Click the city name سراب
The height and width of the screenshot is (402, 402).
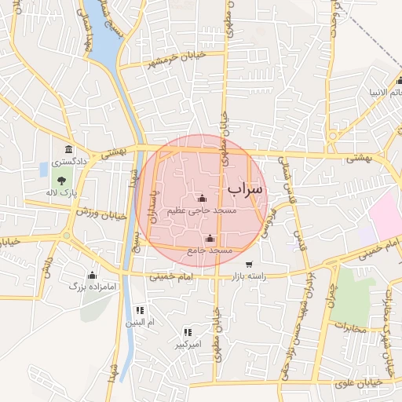[x=246, y=190]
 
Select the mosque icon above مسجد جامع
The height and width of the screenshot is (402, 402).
[x=209, y=239]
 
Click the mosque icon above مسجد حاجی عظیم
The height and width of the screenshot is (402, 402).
[x=203, y=199]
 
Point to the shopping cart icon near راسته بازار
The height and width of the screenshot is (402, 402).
[x=249, y=264]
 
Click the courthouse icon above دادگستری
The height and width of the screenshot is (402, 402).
[x=69, y=150]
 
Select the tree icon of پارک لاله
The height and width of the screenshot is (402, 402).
[x=62, y=181]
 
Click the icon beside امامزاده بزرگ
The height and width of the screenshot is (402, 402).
[x=92, y=275]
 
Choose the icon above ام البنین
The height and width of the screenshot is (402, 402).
[x=140, y=310]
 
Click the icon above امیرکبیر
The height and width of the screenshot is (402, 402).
[x=188, y=332]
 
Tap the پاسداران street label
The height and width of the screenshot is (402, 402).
[x=155, y=207]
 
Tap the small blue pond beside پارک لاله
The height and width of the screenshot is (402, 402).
[x=43, y=169]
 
